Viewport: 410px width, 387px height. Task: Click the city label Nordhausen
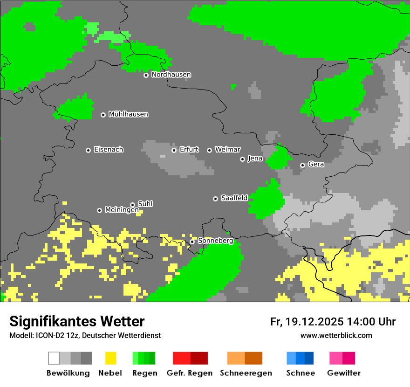tap(171, 75)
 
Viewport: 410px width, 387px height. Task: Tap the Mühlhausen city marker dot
tap(103, 115)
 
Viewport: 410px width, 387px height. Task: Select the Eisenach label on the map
tap(109, 150)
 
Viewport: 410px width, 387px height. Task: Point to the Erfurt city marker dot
tap(174, 150)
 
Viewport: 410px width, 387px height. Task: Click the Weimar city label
tap(227, 150)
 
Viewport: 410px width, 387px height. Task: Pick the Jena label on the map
tap(255, 159)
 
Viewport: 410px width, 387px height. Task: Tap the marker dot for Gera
tap(302, 165)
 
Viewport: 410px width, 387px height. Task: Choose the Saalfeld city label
tap(234, 198)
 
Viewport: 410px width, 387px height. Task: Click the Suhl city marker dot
tap(132, 205)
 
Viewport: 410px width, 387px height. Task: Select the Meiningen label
tap(122, 210)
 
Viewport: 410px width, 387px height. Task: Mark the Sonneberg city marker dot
tap(192, 242)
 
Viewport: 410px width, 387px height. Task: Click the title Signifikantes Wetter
tap(77, 321)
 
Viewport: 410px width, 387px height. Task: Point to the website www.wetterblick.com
tap(336, 335)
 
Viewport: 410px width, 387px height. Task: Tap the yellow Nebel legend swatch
tap(110, 358)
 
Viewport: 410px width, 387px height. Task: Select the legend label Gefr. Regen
tap(190, 373)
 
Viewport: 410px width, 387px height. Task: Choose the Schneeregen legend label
tap(246, 373)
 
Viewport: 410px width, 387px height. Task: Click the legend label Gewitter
tap(343, 373)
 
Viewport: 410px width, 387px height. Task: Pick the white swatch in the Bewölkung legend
tap(54, 358)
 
